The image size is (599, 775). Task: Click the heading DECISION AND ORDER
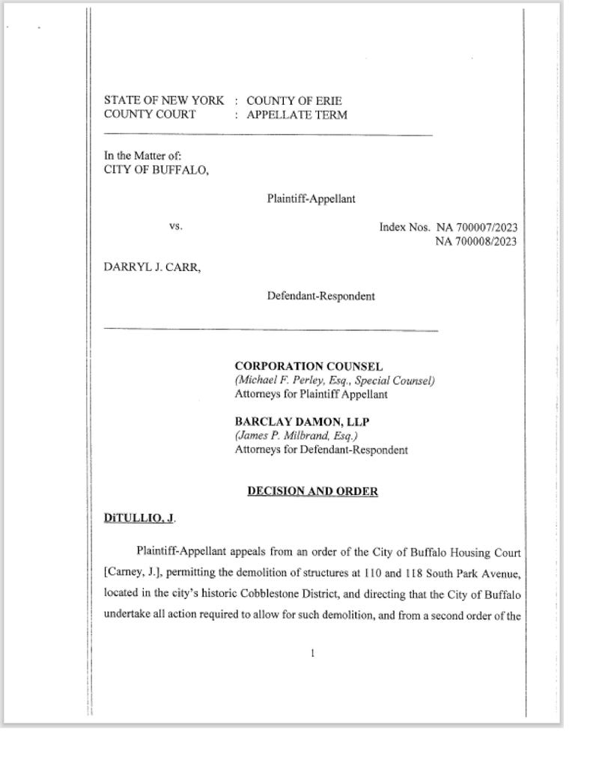[x=312, y=491]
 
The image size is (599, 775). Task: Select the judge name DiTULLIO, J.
[x=140, y=518]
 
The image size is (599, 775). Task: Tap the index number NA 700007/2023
[x=476, y=228]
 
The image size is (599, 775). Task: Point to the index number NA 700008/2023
[x=476, y=240]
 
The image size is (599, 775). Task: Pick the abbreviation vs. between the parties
[x=176, y=225]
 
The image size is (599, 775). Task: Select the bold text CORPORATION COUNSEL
[x=308, y=367]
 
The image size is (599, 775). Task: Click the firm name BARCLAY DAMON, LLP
[x=302, y=422]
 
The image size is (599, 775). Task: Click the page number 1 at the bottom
[x=312, y=654]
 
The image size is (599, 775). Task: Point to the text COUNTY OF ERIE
[x=294, y=101]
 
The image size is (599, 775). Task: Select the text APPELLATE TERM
[x=297, y=115]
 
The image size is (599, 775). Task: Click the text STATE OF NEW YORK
[x=164, y=101]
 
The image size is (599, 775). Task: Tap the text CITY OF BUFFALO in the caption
[x=156, y=169]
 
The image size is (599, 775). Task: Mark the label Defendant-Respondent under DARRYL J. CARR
[x=321, y=296]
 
